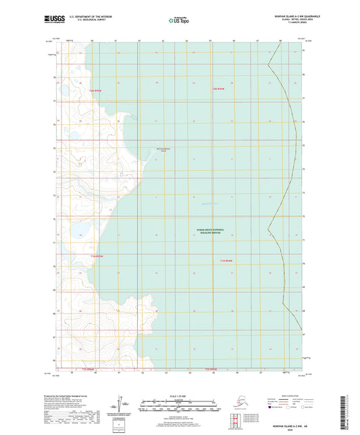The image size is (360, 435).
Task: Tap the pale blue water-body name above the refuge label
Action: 210,202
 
